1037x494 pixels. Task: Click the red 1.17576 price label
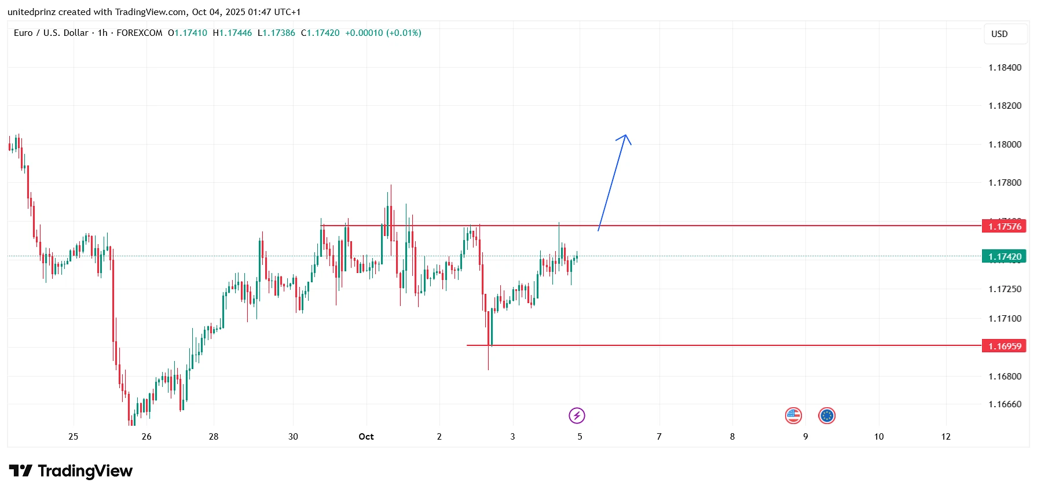[1004, 226]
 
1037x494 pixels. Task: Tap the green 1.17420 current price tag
[1004, 256]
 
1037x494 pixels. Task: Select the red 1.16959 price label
[1004, 346]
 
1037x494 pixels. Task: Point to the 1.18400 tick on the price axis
[1005, 68]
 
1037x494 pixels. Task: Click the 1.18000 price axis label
[1005, 145]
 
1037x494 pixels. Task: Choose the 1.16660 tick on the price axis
[1005, 404]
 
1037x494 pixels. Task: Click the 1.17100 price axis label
[1005, 319]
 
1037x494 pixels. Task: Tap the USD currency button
[999, 34]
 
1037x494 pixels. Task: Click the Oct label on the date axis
[366, 437]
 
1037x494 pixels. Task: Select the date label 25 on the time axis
[73, 437]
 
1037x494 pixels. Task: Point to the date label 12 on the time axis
[946, 437]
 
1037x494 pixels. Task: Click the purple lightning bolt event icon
[577, 415]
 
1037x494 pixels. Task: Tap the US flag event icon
[793, 415]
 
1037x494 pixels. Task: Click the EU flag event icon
[827, 415]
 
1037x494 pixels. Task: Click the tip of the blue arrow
[625, 135]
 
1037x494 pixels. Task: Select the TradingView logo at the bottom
[71, 471]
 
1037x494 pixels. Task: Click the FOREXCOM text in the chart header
[140, 33]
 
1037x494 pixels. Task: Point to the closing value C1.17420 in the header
[320, 33]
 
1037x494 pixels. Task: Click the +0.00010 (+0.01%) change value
[383, 33]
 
